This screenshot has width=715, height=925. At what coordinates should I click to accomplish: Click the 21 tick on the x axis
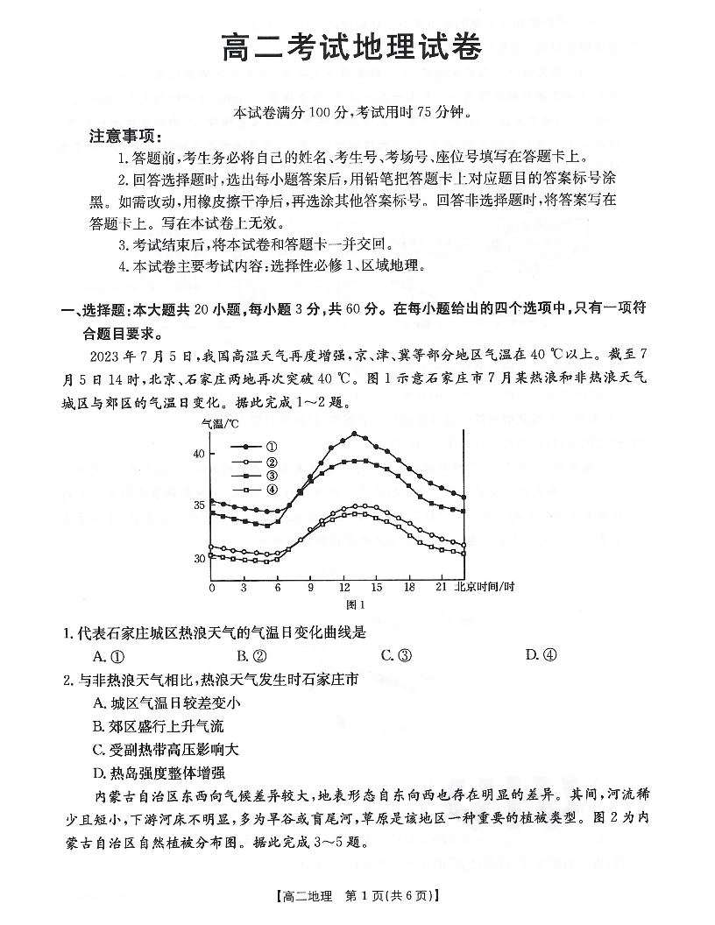coord(442,588)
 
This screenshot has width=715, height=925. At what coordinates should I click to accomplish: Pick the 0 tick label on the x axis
coord(211,588)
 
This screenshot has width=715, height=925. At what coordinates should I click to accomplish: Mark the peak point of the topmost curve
coord(354,434)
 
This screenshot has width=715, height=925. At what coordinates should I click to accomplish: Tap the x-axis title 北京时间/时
coord(485,587)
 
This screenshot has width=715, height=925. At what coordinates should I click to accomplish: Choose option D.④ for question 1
coord(541,655)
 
